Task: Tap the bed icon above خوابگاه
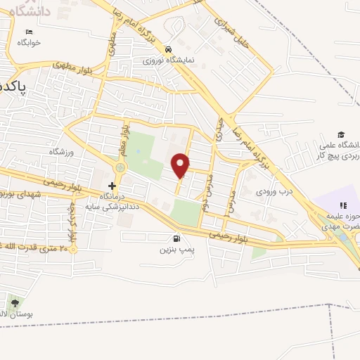[29, 32]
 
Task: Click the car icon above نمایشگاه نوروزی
[168, 50]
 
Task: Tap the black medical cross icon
[111, 186]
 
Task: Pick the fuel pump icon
[175, 238]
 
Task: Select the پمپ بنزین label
[175, 249]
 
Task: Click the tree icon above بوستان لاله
[15, 303]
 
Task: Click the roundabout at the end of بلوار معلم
[120, 168]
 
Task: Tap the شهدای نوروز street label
[21, 193]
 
